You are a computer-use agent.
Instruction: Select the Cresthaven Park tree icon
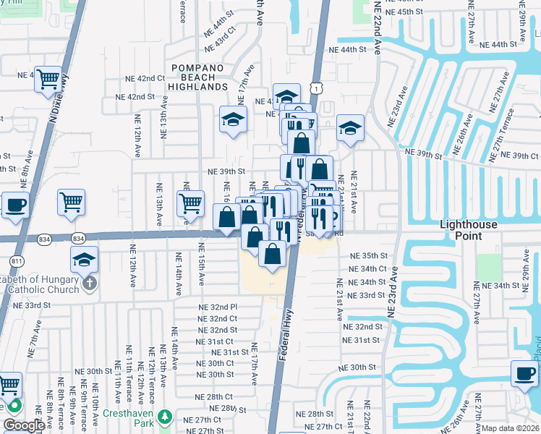pos(166,418)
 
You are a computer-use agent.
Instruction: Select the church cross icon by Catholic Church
pos(89,283)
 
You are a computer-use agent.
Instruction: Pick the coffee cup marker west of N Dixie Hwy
pos(14,205)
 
